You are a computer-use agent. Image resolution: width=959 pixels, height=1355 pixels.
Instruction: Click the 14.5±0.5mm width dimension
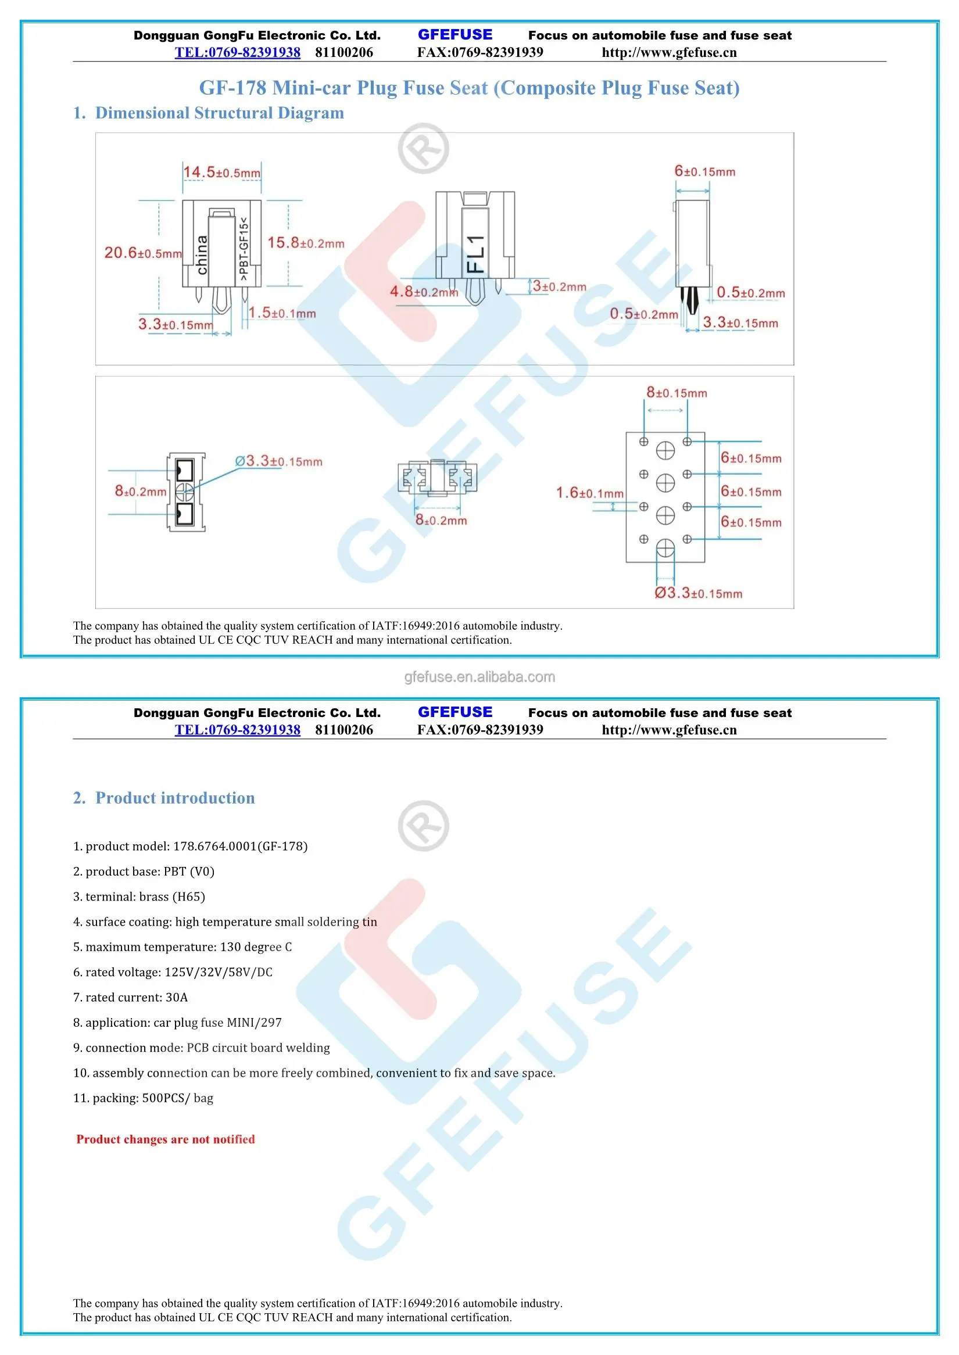pos(221,173)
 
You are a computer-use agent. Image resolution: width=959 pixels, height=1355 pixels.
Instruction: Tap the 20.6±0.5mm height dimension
pos(143,253)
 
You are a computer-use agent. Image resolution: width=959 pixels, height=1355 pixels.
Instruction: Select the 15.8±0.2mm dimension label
pos(305,243)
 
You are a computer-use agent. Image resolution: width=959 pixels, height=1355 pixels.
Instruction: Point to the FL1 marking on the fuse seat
pos(476,254)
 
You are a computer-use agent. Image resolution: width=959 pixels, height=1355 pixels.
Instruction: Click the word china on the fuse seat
pos(202,255)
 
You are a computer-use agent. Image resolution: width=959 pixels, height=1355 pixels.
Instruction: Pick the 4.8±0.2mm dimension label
pos(423,292)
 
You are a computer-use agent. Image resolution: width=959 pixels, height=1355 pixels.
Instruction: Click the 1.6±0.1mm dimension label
pos(589,493)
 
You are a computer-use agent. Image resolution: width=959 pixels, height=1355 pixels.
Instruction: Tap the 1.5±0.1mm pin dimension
pos(282,313)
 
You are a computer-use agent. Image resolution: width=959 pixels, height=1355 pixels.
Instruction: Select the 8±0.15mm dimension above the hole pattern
pos(676,393)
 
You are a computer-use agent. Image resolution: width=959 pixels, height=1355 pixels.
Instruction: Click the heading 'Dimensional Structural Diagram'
pos(219,113)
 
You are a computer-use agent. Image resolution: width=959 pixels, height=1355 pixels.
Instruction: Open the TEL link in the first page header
pos(237,52)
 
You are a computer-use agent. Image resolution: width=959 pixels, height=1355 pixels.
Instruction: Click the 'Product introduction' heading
pos(175,798)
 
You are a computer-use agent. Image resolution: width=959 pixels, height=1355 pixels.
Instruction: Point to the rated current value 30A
pos(177,997)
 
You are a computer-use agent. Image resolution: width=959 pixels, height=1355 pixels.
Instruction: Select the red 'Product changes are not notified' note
pos(165,1139)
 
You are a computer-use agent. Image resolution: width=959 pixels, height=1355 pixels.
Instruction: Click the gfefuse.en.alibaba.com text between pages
pos(479,676)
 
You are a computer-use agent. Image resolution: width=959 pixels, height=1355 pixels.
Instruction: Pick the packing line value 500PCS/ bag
pos(177,1098)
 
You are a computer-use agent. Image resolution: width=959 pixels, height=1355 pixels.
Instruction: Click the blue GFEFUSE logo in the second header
pos(455,712)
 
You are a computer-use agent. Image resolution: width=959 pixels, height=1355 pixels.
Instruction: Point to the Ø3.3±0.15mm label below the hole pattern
pos(698,593)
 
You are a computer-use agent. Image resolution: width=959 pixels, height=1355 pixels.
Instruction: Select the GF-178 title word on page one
pos(232,88)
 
